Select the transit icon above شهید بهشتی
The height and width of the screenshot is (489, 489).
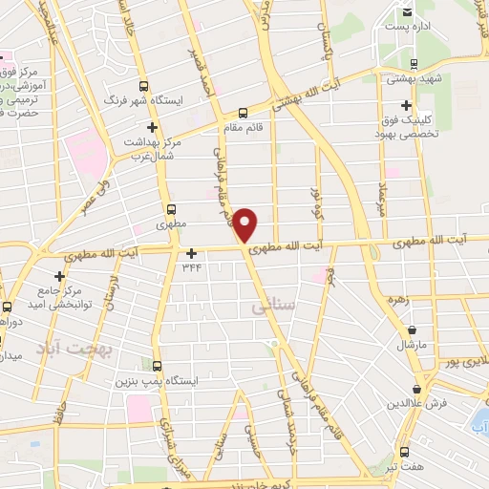tap(413, 65)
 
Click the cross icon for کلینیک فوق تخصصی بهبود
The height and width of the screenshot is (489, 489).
tap(407, 105)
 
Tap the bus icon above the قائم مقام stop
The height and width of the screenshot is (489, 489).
tap(242, 112)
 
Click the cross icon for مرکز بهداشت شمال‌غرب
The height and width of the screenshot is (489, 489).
tap(150, 126)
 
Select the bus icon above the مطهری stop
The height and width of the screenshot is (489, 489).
tap(171, 210)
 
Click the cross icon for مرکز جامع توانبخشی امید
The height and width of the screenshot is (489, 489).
tap(59, 276)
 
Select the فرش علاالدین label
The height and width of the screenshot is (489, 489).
tap(416, 405)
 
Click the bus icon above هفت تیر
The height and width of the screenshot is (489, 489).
tap(404, 452)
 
